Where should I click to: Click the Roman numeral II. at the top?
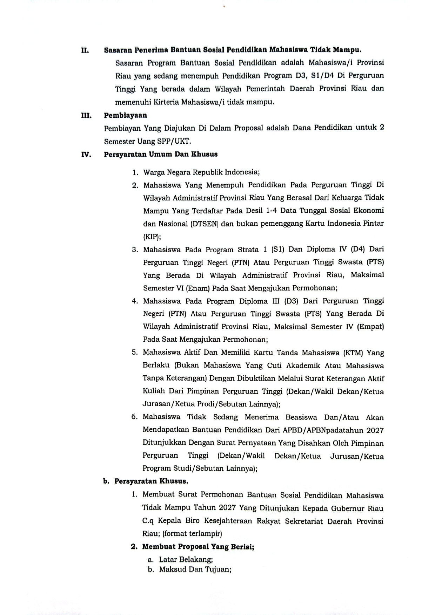pyautogui.click(x=85, y=50)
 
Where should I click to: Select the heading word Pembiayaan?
pyautogui.click(x=125, y=115)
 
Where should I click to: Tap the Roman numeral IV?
pyautogui.click(x=86, y=154)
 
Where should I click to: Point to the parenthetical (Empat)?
pyautogui.click(x=370, y=327)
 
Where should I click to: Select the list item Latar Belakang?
pyautogui.click(x=186, y=559)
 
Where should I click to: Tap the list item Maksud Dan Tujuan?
pyautogui.click(x=195, y=569)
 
